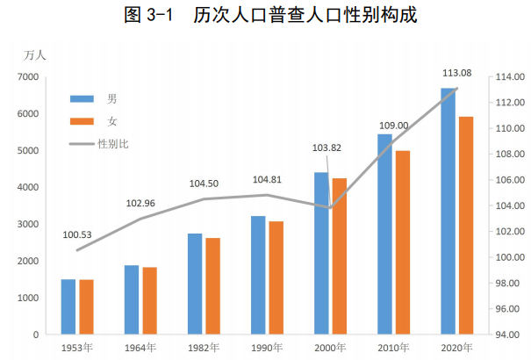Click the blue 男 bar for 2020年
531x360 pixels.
coord(448,211)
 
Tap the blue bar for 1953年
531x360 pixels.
coord(68,306)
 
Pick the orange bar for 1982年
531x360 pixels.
coord(213,286)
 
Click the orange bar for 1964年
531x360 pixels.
coord(150,300)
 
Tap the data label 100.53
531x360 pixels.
coord(77,234)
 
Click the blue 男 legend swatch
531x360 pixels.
coord(82,97)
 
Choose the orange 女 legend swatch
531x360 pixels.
coord(82,119)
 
